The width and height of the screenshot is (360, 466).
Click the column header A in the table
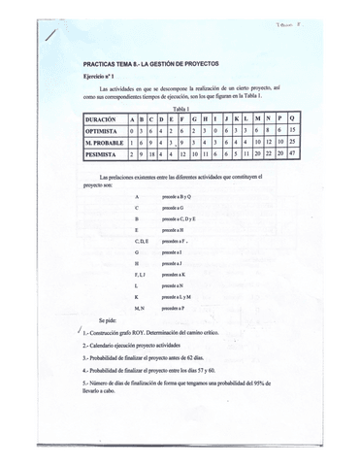[x=132, y=117]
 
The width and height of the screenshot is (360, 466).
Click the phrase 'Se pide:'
[x=109, y=319]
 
